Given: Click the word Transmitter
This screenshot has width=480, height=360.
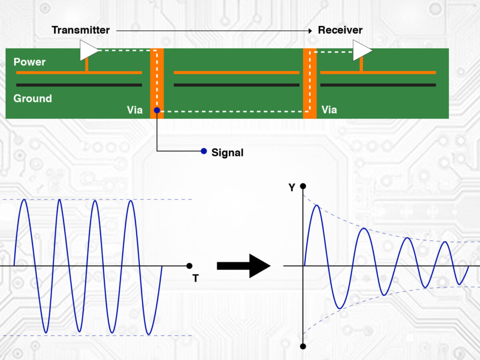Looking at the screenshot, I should (x=80, y=30).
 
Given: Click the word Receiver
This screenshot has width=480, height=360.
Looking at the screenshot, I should (x=340, y=30).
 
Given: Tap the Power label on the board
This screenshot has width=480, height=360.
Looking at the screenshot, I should (x=30, y=62).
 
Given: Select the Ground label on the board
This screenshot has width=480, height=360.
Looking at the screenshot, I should (x=32, y=98).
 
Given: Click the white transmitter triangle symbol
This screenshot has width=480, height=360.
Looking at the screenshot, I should (x=88, y=50).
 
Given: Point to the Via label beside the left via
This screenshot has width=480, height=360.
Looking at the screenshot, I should (x=134, y=110).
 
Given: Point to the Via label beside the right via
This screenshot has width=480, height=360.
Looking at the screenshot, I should (x=329, y=110).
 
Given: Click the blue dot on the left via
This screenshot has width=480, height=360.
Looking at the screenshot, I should (x=157, y=110).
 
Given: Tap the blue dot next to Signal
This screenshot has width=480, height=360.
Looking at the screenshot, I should (x=204, y=151).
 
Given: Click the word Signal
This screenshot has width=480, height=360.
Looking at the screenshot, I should (x=227, y=152).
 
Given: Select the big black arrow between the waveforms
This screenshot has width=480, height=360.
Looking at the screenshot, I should (x=243, y=266).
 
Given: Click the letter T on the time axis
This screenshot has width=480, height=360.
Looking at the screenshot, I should (x=196, y=278).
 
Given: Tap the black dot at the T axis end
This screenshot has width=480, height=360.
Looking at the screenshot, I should (x=190, y=266).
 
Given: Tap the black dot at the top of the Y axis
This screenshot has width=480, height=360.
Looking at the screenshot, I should (x=303, y=186).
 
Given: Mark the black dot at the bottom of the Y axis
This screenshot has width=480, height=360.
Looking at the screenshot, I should (x=303, y=346).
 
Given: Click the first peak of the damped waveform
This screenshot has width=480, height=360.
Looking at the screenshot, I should (x=317, y=206).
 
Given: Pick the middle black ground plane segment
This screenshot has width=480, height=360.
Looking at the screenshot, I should (x=236, y=85).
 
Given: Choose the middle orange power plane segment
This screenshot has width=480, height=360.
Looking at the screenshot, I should (x=236, y=72).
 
